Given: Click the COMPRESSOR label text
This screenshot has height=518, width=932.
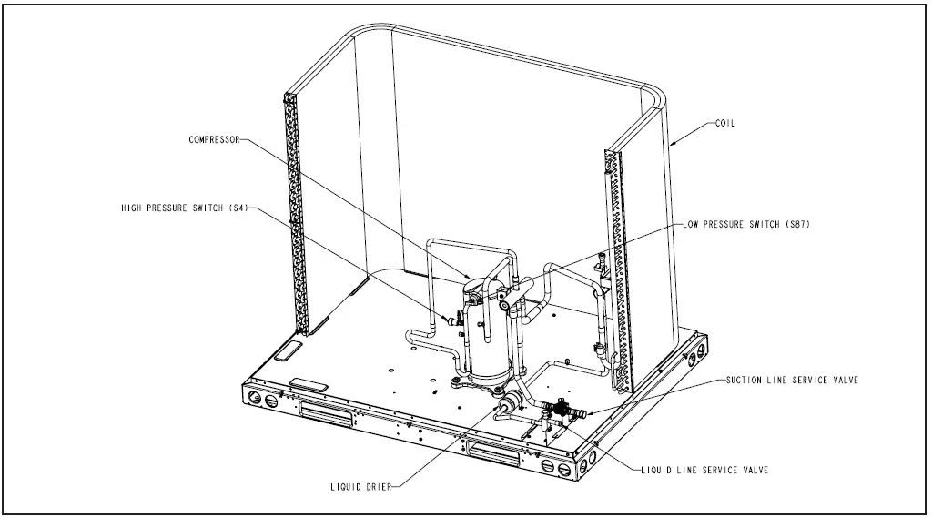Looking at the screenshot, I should [x=215, y=140].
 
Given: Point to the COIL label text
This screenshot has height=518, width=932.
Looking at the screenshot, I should [x=726, y=124].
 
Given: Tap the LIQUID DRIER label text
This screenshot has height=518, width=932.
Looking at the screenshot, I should [x=360, y=487].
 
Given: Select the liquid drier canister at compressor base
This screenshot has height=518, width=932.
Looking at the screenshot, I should [x=507, y=401].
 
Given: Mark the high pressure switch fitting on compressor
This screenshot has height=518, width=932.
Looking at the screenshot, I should [x=449, y=319].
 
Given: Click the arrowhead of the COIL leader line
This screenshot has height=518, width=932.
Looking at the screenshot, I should [x=673, y=144].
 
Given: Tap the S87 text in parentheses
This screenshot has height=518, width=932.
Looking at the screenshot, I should [x=795, y=224].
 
